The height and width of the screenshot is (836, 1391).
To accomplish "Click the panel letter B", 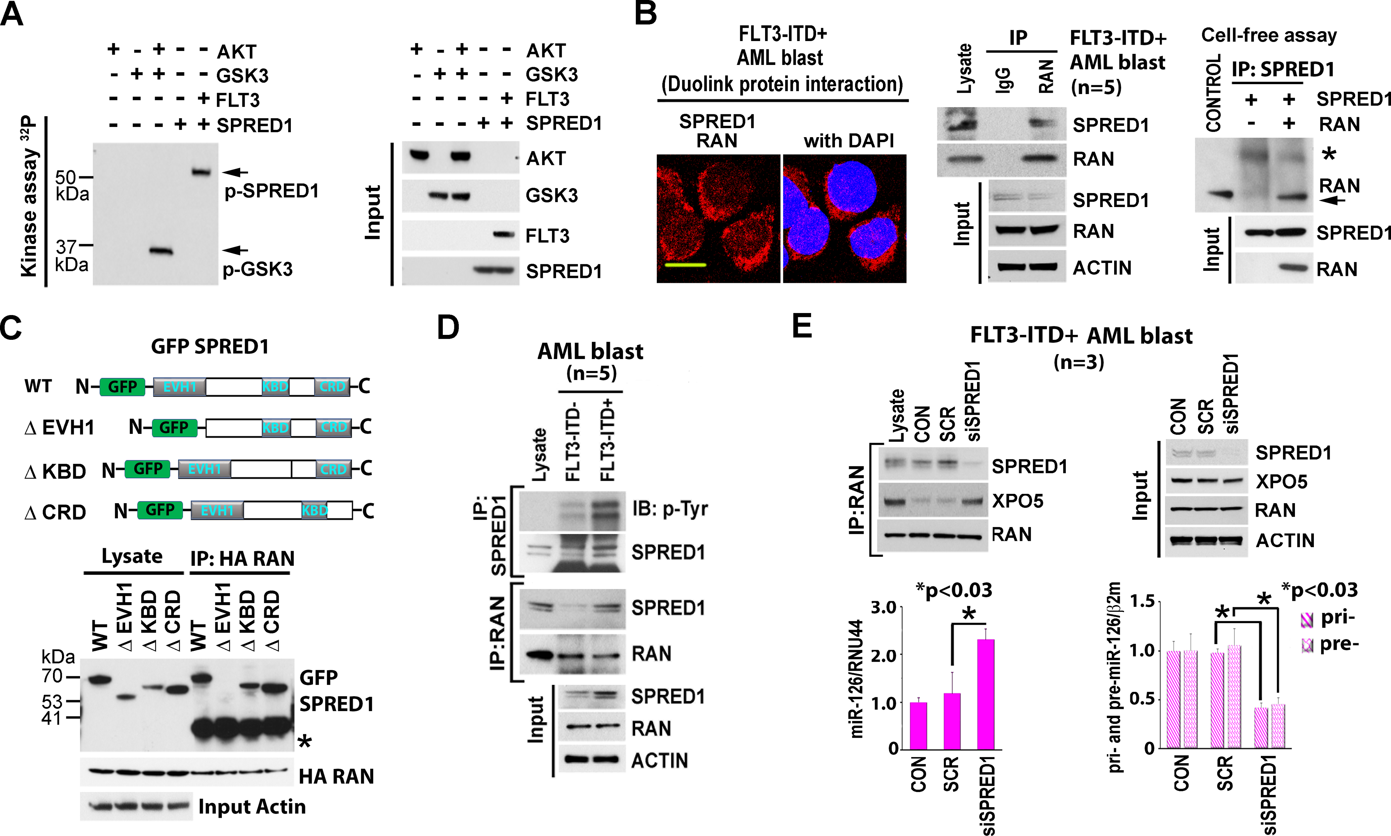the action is tap(645, 14).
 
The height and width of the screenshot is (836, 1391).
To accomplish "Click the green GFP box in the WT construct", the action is tap(122, 387).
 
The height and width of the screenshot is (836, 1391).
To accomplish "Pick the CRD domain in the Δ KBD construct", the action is tap(334, 469).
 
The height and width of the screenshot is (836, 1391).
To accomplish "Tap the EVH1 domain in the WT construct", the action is tap(179, 387).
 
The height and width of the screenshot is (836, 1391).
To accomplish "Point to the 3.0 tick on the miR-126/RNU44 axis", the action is tap(883, 607).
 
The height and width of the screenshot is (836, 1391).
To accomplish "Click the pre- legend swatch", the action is tap(1307, 645).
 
